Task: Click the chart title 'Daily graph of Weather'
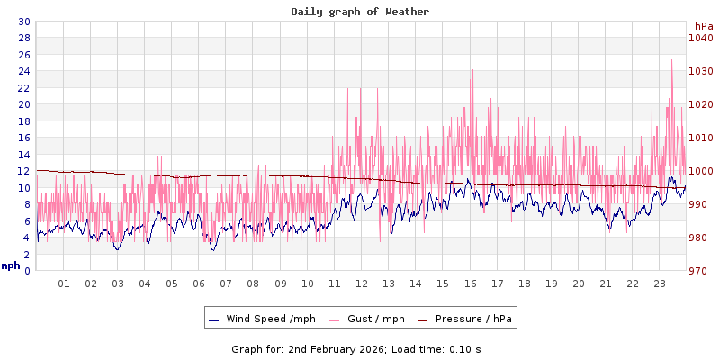tap(360, 12)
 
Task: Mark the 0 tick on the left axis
tap(27, 271)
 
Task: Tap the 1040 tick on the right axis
tap(700, 38)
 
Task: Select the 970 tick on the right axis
tap(700, 271)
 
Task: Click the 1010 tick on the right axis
tap(700, 138)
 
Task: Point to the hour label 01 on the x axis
tap(64, 283)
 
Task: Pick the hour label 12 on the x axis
tap(362, 283)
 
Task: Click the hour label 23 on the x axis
tap(660, 283)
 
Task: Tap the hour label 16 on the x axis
tap(470, 283)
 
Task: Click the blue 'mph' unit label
tap(11, 265)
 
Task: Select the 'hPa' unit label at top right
tap(703, 26)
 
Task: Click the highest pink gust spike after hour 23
tap(671, 61)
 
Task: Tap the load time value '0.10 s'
tap(464, 348)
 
